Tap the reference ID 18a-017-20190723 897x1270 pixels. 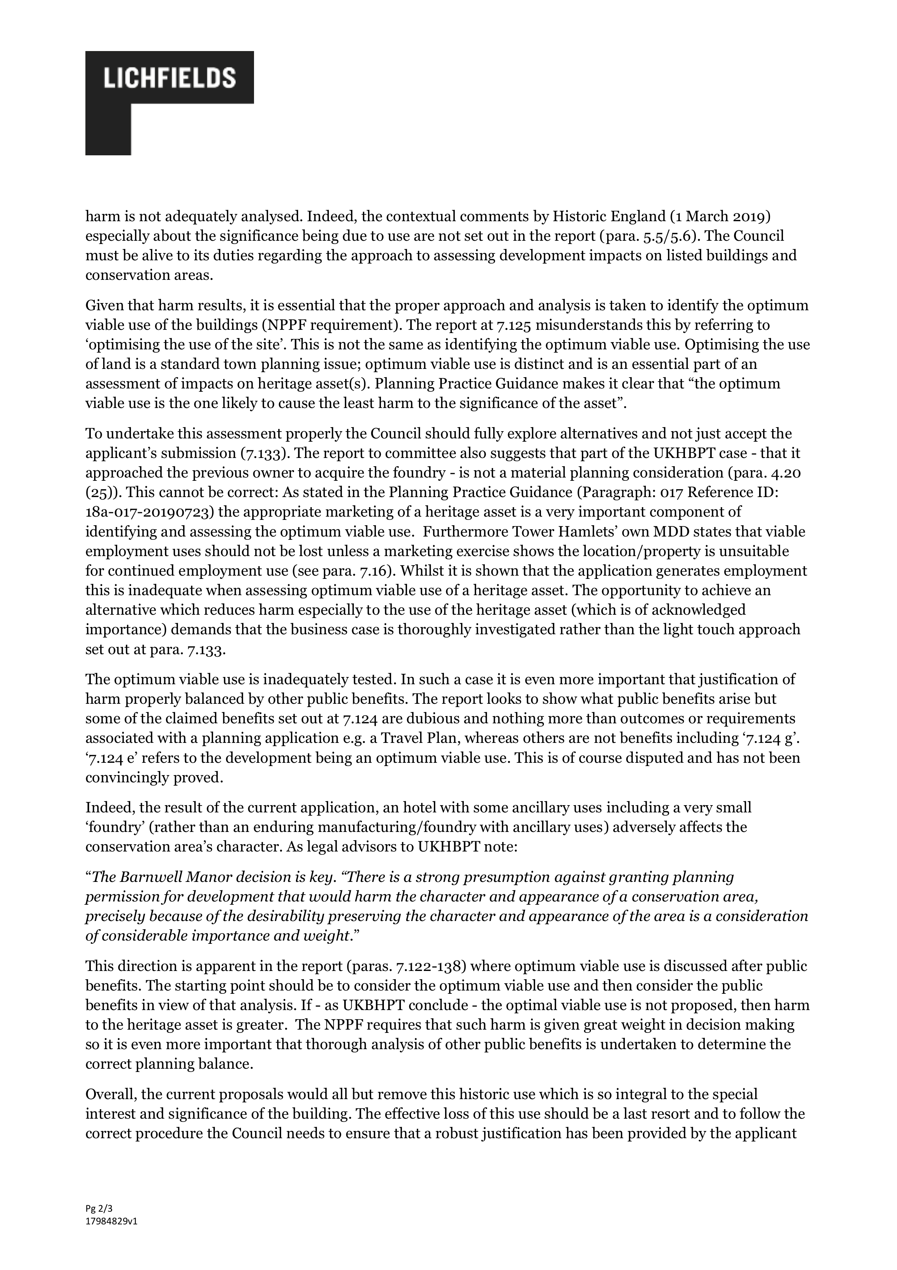pos(148,512)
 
